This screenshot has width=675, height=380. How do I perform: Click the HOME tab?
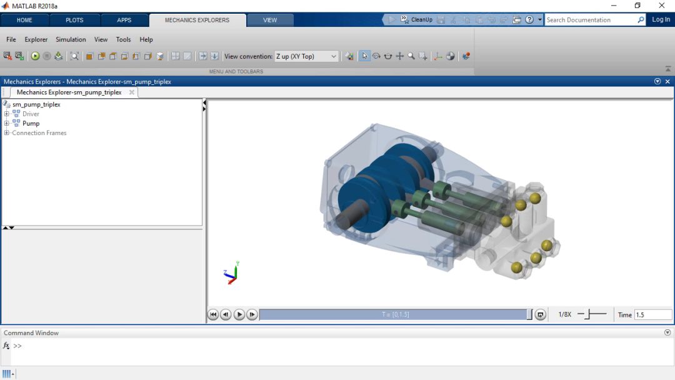[24, 20]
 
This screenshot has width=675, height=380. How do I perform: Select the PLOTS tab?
[74, 20]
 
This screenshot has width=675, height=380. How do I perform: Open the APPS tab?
[124, 20]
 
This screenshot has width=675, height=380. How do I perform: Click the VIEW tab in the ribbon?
[270, 20]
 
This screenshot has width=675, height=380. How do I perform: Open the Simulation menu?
[71, 39]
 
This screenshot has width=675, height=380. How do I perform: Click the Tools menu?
[123, 39]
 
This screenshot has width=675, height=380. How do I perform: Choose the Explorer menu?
[36, 39]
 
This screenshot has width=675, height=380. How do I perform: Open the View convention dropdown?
[306, 56]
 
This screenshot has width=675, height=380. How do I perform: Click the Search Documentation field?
[591, 20]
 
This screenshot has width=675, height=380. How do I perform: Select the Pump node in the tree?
[31, 124]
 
